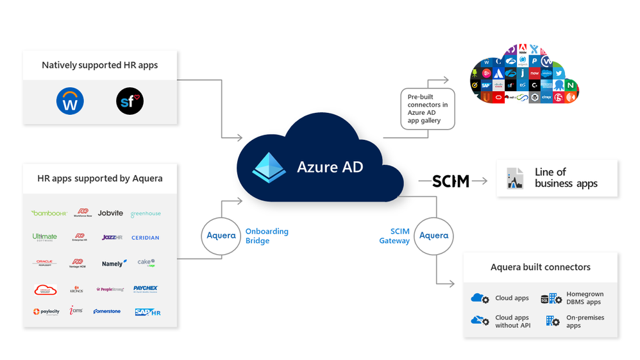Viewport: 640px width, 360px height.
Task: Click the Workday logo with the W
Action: point(70,101)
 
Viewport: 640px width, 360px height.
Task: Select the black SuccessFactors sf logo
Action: point(130,101)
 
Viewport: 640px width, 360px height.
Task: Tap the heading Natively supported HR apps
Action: point(99,65)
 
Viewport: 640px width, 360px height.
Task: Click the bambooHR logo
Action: point(49,213)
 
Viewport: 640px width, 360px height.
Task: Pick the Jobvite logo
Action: point(110,213)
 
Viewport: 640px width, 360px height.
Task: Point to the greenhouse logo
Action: point(146,214)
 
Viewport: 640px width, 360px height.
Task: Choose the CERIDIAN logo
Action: point(146,237)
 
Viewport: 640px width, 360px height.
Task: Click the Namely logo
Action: point(113,263)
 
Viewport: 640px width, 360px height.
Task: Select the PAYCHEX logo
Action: point(146,289)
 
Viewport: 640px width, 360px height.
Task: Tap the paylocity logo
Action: point(46,311)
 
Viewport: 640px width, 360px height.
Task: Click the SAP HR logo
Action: point(147,312)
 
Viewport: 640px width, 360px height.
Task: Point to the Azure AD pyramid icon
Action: point(269,167)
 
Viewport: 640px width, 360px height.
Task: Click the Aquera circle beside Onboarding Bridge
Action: point(221,236)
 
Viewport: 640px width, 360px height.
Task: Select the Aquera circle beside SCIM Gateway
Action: point(434,236)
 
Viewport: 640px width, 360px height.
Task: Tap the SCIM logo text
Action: point(451,181)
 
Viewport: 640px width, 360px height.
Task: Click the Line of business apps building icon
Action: point(515,178)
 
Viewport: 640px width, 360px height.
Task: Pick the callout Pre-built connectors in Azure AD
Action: point(428,108)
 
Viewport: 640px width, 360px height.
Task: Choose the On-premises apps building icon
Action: point(552,321)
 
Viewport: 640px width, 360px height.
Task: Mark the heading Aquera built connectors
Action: point(540,267)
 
